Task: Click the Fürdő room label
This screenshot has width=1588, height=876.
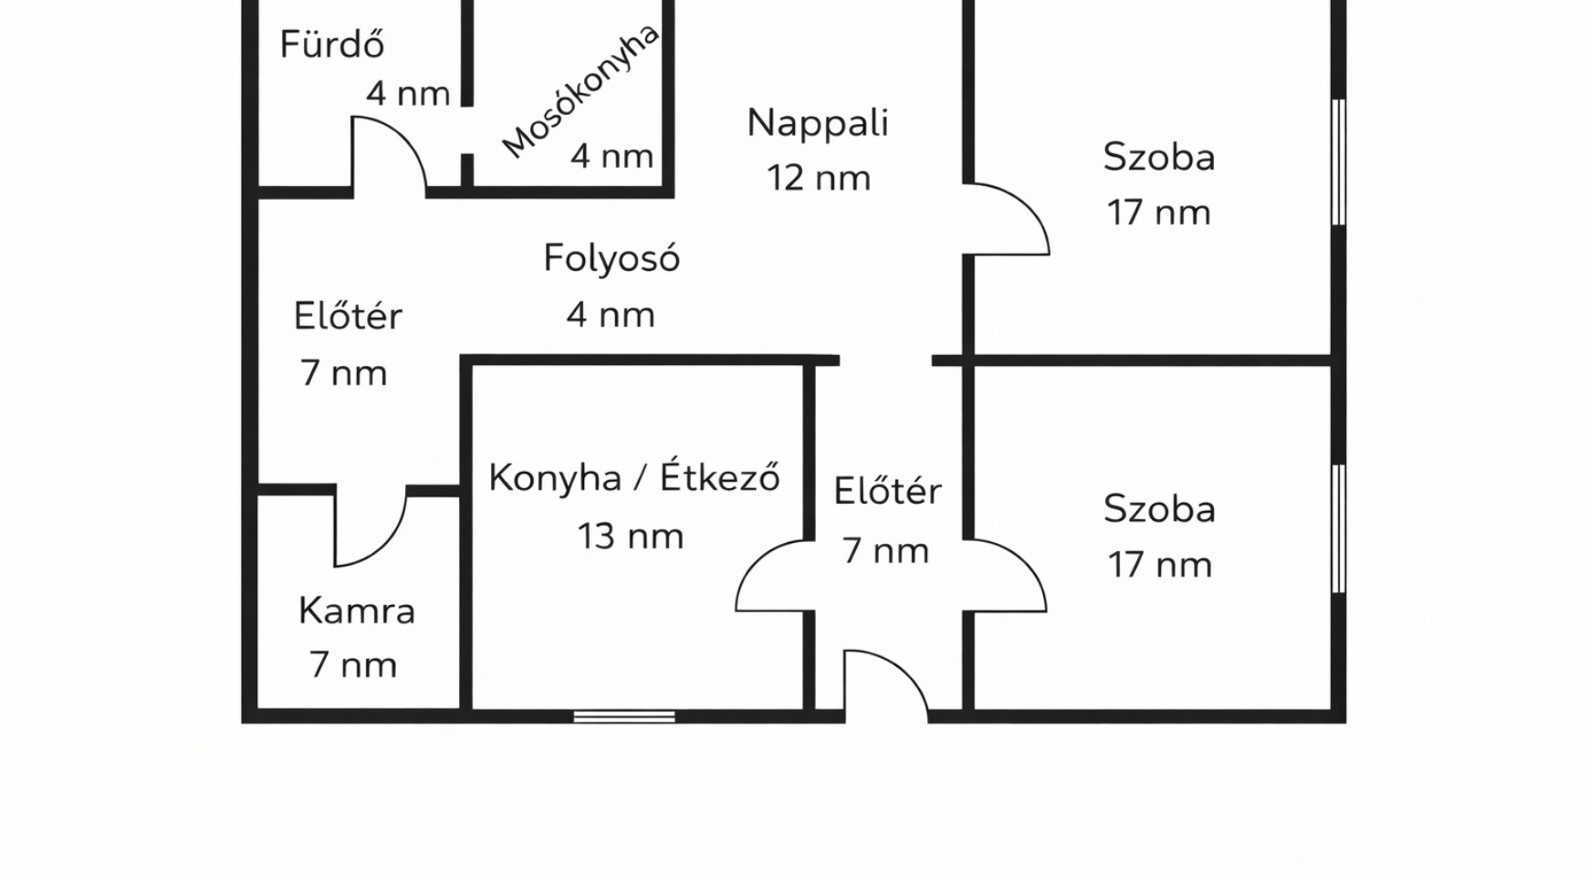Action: coord(331,45)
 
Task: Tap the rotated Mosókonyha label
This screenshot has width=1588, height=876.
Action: coord(580,91)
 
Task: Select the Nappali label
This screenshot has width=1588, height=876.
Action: coord(818,122)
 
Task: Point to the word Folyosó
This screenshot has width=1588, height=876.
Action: coord(611,258)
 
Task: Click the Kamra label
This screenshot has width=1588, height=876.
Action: coord(357,610)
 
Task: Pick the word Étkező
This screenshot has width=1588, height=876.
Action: coord(720,476)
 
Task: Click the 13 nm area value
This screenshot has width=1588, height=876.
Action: coord(631,537)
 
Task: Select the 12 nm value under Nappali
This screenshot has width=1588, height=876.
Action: coord(819,178)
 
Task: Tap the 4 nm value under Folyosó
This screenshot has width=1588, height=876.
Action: coord(611,316)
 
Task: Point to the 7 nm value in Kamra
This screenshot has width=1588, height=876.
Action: coord(353,665)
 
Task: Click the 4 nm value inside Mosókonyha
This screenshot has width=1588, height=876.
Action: coord(611,156)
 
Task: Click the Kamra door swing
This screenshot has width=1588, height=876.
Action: coord(370,527)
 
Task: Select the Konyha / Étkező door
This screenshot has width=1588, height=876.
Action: coord(775,576)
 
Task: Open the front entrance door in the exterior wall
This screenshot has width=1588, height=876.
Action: coord(886,685)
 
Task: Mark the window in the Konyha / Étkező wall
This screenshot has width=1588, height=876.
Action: coord(624,717)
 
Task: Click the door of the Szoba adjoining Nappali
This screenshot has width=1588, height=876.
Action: coord(1007,219)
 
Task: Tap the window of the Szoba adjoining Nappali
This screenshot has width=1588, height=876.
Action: coord(1339,162)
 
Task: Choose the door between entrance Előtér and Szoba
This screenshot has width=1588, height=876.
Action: coord(1006,576)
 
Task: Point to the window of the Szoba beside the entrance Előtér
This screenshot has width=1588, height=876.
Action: coord(1339,528)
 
